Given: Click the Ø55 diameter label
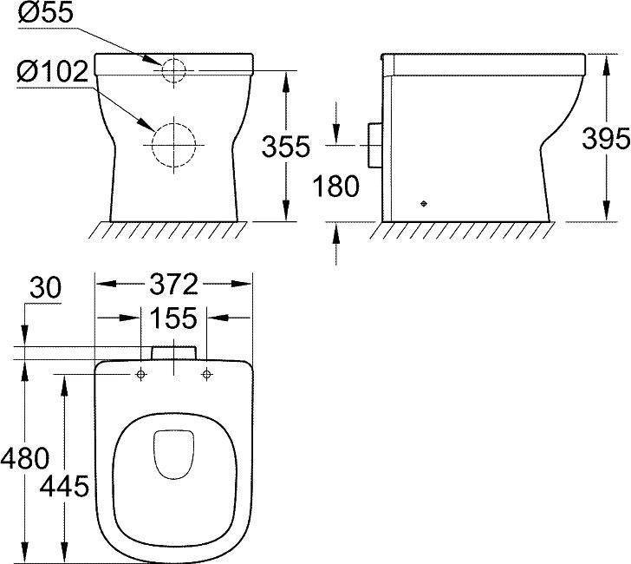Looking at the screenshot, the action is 46,12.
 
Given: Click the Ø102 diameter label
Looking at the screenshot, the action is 52,72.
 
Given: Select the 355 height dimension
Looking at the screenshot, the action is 286,147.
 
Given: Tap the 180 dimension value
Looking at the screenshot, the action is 335,186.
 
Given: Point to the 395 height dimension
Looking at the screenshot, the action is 606,139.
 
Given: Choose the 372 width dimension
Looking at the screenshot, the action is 173,284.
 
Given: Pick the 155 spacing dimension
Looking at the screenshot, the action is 173,318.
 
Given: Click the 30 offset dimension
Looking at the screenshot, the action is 45,288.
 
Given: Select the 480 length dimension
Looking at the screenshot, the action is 25,458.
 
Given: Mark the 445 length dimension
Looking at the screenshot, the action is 64,485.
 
